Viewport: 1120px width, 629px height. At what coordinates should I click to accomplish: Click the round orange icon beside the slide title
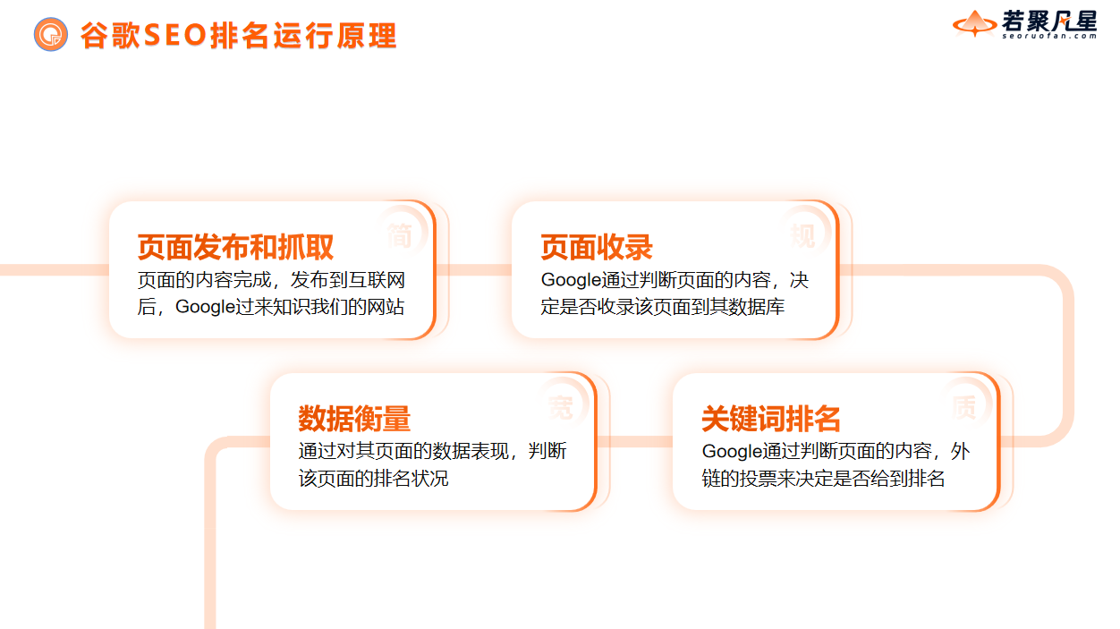[x=51, y=35]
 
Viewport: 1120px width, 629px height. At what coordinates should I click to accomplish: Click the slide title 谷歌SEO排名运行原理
[x=238, y=36]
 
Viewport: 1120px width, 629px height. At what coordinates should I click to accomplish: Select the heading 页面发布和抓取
[x=235, y=247]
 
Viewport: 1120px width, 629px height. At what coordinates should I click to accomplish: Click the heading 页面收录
[x=597, y=247]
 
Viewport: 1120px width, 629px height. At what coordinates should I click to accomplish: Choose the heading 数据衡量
[x=354, y=419]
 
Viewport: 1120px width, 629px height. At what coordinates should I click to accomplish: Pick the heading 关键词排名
[x=771, y=419]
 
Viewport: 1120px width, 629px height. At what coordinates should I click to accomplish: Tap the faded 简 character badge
[x=400, y=234]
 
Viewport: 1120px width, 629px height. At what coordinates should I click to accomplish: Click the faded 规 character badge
[x=802, y=234]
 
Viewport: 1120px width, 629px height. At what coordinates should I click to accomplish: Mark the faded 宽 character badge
[x=561, y=407]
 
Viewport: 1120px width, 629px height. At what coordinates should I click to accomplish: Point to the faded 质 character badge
[x=963, y=407]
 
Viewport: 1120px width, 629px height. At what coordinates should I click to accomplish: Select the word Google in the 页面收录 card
[x=573, y=280]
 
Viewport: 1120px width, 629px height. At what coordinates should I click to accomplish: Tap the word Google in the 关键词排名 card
[x=734, y=451]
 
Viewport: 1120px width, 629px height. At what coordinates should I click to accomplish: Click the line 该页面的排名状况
[x=373, y=479]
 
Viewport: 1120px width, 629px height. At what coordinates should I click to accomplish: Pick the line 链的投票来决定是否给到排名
[x=823, y=479]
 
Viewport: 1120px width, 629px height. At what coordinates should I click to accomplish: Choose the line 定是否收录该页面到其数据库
[x=663, y=307]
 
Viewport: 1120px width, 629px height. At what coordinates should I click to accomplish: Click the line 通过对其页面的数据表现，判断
[x=432, y=451]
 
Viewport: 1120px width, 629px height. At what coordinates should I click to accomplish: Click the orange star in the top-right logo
[x=973, y=23]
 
